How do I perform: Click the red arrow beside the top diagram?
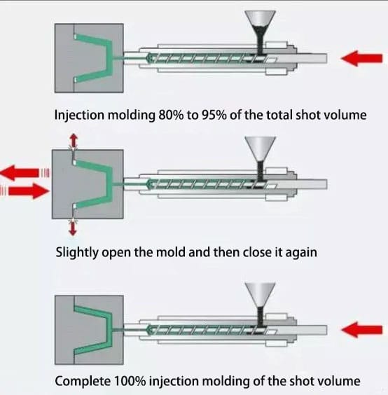[x=361, y=58]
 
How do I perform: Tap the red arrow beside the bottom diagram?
[x=361, y=330]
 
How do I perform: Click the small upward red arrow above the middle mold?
[x=74, y=141]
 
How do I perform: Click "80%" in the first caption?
[x=171, y=115]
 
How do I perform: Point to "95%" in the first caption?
[x=214, y=115]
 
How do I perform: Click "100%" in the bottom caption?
[x=130, y=381]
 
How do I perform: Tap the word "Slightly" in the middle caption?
[x=77, y=252]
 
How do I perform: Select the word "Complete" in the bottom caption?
[x=83, y=381]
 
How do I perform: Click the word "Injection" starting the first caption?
[x=79, y=116]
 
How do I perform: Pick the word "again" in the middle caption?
[x=301, y=253]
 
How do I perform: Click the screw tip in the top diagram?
[x=148, y=58]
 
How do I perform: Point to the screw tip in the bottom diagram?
[x=148, y=330]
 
